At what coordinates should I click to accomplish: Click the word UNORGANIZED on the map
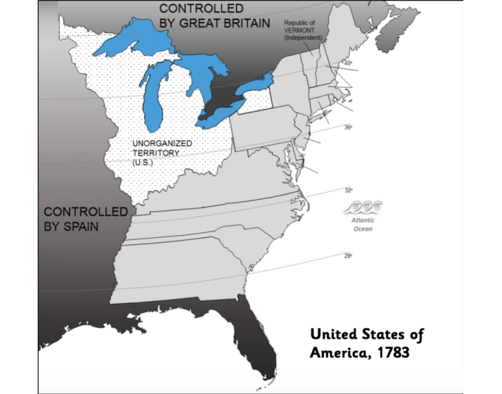click(162, 143)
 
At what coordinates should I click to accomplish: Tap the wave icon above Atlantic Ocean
click(363, 208)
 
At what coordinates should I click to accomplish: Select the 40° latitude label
click(348, 64)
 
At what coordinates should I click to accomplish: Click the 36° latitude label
click(347, 128)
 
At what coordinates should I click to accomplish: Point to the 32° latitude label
click(348, 191)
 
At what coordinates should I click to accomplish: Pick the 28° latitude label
click(348, 255)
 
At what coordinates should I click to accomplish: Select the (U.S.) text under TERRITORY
click(143, 163)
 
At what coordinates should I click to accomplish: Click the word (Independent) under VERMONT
click(302, 38)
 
